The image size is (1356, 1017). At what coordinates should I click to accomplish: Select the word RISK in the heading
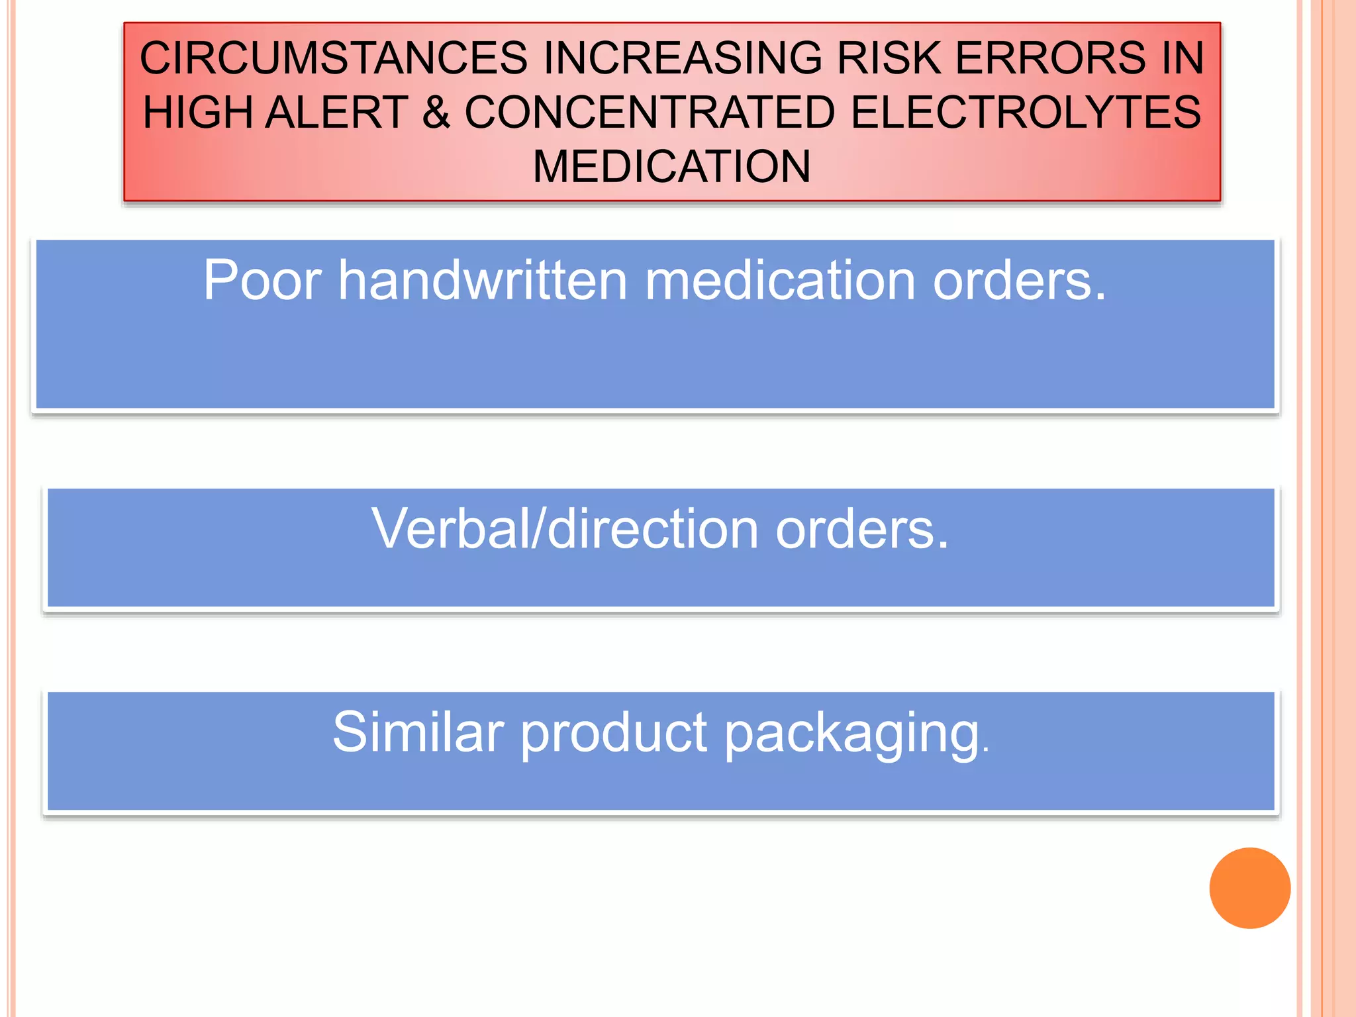pos(889,58)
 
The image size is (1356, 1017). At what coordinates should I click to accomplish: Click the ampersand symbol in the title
pos(436,113)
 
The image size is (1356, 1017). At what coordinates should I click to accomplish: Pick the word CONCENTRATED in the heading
pos(650,113)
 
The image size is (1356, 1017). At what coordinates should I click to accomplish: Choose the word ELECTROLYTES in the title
pos(1026,113)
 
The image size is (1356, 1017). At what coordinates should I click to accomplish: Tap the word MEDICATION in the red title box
pos(671,166)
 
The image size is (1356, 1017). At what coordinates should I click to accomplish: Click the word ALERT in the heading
pos(337,113)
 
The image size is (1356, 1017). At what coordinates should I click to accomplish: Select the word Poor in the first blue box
pos(262,281)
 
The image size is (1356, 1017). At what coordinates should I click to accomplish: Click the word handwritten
pos(483,281)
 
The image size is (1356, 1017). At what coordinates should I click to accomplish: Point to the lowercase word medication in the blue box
pos(780,281)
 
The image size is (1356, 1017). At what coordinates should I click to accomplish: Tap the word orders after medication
pos(1019,281)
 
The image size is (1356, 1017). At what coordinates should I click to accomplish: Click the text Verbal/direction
pos(565,529)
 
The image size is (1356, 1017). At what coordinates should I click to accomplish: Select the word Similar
pos(418,732)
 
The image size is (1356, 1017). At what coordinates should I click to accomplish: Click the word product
pos(614,734)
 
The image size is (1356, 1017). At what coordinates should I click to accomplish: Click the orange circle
pos(1249,888)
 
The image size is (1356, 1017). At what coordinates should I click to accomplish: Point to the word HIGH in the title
pos(197,113)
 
